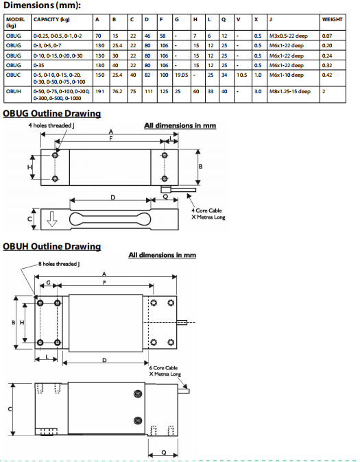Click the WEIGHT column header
pos(332,19)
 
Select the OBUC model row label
pos(14,75)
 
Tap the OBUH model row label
pos(14,91)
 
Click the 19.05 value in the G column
pos(181,75)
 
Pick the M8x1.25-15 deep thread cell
pos(290,91)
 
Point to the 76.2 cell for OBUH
pos(117,91)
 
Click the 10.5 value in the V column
pos(242,75)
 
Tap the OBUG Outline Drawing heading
pos(52,113)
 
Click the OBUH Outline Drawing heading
pos(52,246)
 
